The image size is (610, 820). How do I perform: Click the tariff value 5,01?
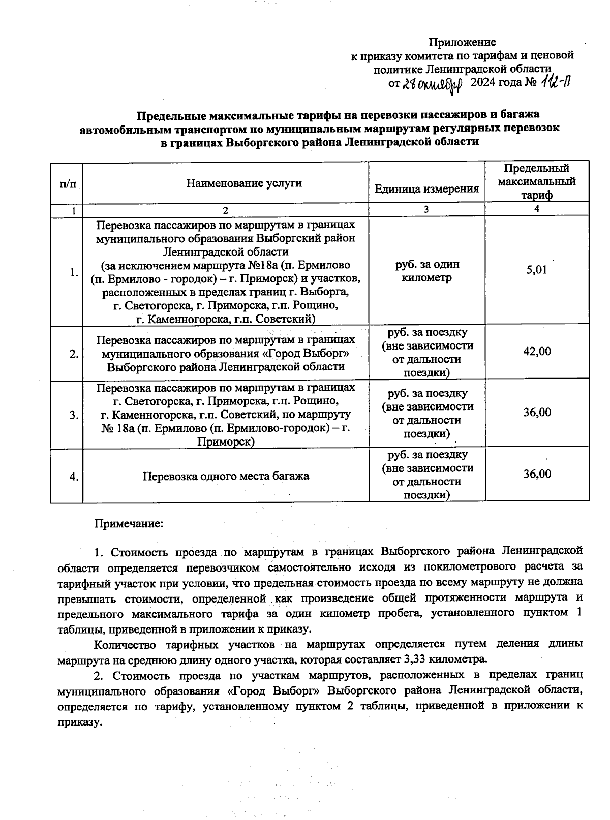tap(537, 270)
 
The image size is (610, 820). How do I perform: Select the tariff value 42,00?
tap(537, 352)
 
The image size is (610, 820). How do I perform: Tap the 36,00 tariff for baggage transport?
tap(537, 474)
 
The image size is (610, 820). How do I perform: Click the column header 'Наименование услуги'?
tap(244, 183)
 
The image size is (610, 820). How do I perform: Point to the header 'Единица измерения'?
tap(426, 189)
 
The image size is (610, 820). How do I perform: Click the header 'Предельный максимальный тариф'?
tap(537, 181)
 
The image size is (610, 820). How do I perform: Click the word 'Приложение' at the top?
tap(462, 42)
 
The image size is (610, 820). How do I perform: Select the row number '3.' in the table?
tap(74, 415)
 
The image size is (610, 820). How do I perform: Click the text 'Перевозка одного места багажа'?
tap(226, 477)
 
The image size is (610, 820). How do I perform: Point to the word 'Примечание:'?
tap(129, 523)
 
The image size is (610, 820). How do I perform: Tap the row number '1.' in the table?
tap(74, 273)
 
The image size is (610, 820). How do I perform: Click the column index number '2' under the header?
tap(226, 210)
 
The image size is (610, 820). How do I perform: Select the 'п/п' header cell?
tap(67, 184)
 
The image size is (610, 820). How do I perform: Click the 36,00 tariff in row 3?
tap(537, 413)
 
